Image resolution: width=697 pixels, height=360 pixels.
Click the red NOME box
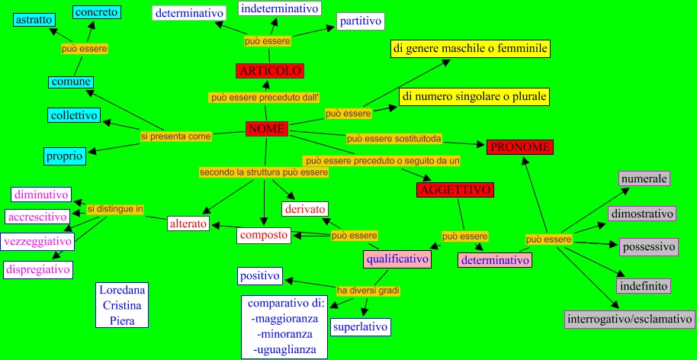point(266,129)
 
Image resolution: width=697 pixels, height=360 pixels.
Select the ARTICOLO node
point(270,71)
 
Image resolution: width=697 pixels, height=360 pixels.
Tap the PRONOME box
point(519,146)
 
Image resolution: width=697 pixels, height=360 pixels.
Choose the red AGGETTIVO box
point(456,190)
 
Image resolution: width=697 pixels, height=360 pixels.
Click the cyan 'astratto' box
point(34,19)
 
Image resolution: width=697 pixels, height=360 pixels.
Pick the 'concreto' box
point(96,11)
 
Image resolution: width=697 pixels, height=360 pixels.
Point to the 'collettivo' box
point(74,115)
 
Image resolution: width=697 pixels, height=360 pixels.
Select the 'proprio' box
point(64,156)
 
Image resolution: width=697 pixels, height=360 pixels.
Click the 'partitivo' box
point(360,21)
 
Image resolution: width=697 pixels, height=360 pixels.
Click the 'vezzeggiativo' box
point(37,242)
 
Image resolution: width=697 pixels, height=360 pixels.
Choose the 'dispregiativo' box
point(38,269)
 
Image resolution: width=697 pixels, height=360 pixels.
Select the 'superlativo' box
point(361,327)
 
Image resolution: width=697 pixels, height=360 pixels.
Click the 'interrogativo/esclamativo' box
point(630,319)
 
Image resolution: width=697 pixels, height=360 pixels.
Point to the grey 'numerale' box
point(644,178)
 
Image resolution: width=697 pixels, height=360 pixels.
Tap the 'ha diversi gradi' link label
point(368,290)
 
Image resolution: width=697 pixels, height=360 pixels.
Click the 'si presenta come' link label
point(175,137)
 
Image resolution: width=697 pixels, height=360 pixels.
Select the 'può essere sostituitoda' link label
point(394,139)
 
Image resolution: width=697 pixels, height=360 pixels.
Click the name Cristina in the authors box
point(122,305)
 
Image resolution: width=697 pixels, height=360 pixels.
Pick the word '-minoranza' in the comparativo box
point(284,335)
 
